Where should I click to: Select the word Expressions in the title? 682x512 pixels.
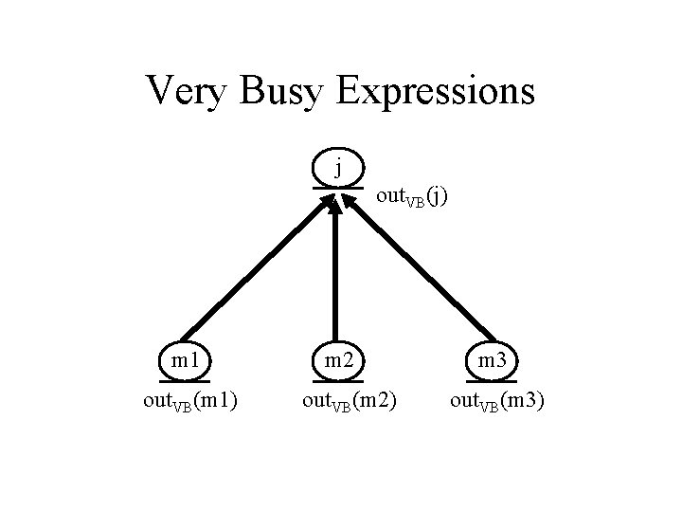[435, 92]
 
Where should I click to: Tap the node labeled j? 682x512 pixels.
[338, 170]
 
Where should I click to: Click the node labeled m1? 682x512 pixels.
[185, 360]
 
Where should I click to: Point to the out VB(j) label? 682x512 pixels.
[413, 198]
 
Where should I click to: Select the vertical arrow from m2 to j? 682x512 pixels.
[333, 275]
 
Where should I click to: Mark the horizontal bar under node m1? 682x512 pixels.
[185, 381]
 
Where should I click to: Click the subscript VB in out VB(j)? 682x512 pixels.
[414, 203]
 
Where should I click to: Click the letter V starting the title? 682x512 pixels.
[158, 91]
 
